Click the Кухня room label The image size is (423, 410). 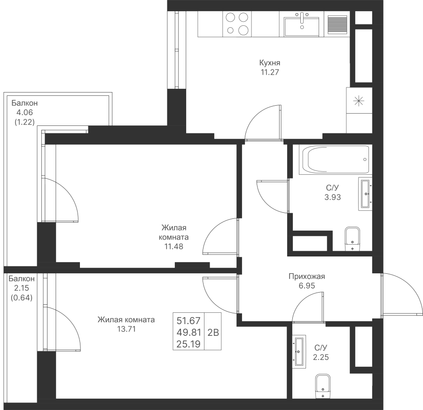[x=269, y=63]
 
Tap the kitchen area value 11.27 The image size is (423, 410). [x=269, y=72]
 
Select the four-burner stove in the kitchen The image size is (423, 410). [x=237, y=24]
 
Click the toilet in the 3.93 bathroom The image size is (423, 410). [x=352, y=239]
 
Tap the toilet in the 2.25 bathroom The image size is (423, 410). [x=323, y=386]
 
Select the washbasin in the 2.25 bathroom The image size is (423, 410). [x=299, y=351]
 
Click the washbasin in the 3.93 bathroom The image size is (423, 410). [x=365, y=193]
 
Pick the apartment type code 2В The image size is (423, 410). [x=213, y=333]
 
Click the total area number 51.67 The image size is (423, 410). [x=188, y=321]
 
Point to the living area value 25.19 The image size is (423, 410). [x=188, y=344]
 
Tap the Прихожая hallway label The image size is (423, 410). [x=307, y=276]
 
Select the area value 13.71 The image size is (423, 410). [x=126, y=329]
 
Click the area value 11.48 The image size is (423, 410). [x=174, y=247]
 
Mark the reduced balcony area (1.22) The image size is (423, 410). [x=24, y=122]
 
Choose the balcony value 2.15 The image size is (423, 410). [x=22, y=288]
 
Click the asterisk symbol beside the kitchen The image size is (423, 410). [x=359, y=101]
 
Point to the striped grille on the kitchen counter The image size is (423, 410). [x=337, y=25]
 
